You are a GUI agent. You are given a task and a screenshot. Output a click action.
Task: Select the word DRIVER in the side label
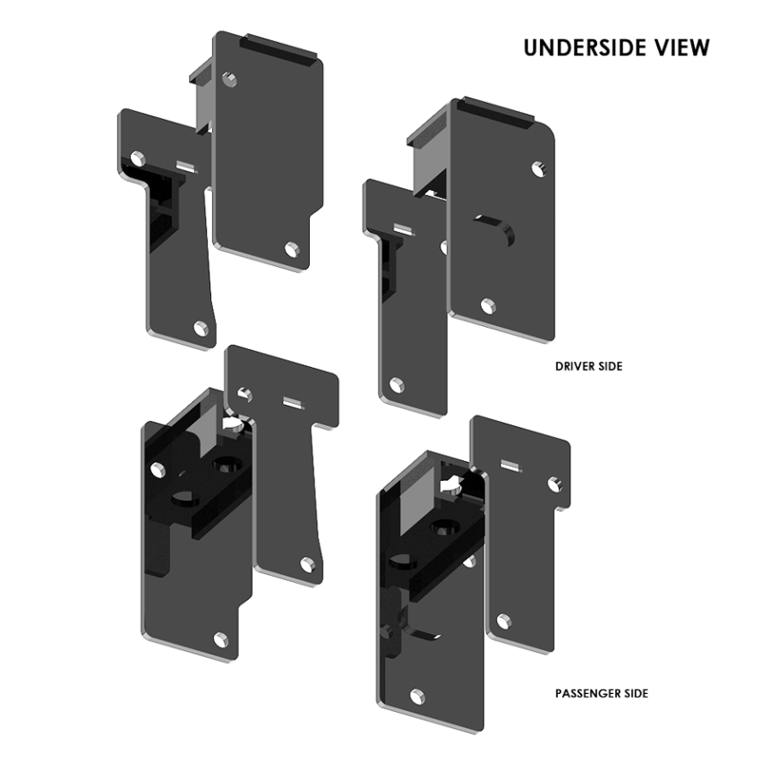(574, 366)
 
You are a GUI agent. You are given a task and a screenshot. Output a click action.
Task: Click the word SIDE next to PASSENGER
(636, 693)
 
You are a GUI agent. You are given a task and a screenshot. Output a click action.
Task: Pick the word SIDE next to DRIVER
(610, 366)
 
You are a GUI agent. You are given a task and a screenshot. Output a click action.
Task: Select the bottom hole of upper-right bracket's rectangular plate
(488, 306)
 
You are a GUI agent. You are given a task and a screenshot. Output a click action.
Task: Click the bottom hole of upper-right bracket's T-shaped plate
(396, 384)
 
